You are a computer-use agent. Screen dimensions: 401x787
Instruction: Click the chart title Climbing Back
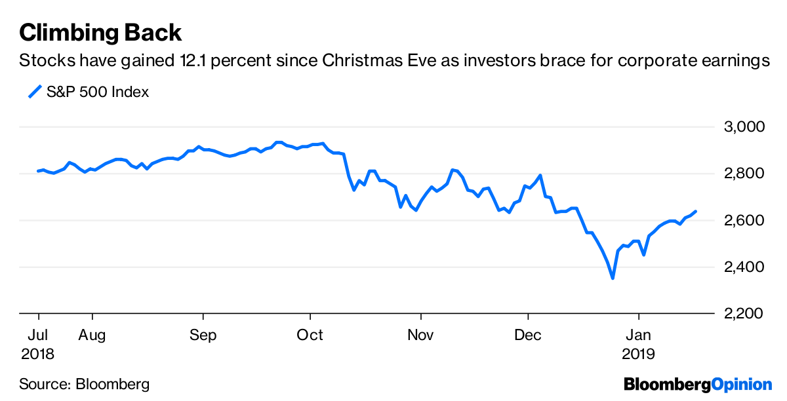100,32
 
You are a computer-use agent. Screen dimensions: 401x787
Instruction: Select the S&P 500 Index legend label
98,92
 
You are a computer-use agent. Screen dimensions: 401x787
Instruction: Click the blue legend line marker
35,92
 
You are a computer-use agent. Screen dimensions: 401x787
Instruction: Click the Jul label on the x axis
39,335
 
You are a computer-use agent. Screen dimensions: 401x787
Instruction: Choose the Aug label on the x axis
92,335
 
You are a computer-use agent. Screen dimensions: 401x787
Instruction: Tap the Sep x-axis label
203,335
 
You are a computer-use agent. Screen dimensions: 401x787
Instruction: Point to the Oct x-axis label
310,335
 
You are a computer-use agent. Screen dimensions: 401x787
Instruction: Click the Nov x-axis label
420,335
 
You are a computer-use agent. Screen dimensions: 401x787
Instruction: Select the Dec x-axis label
528,335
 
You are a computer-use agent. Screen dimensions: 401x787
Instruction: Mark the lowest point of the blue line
613,278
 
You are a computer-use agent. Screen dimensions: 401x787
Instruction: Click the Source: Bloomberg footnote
84,384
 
